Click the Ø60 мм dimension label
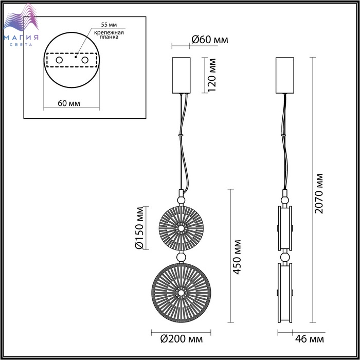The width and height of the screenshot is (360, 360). tap(210, 40)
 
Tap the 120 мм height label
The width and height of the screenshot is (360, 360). tap(212, 75)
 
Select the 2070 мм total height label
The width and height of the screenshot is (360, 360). tap(319, 193)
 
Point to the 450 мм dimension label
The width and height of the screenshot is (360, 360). tap(237, 257)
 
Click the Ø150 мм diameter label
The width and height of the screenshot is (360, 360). tap(139, 228)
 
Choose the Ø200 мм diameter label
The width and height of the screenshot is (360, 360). tap(182, 339)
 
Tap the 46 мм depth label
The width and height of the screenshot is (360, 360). tap(310, 339)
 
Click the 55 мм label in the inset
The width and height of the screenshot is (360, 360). tap(109, 25)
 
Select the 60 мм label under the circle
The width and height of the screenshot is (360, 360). tap(69, 103)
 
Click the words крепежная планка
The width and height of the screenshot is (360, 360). tap(109, 34)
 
